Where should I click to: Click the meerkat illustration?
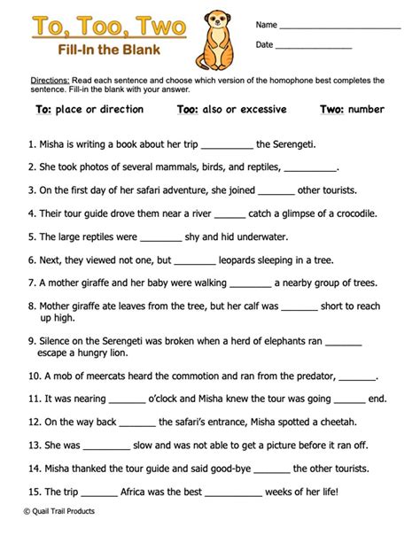(216, 37)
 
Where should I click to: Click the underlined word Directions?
(49, 80)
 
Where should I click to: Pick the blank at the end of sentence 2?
(311, 168)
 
